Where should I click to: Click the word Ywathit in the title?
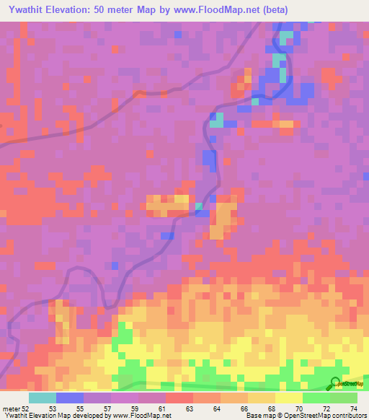(23, 9)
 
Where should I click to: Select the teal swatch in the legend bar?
(43, 398)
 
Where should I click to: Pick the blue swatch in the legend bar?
(70, 398)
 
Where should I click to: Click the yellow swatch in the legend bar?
(289, 398)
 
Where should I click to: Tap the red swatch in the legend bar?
(179, 398)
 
